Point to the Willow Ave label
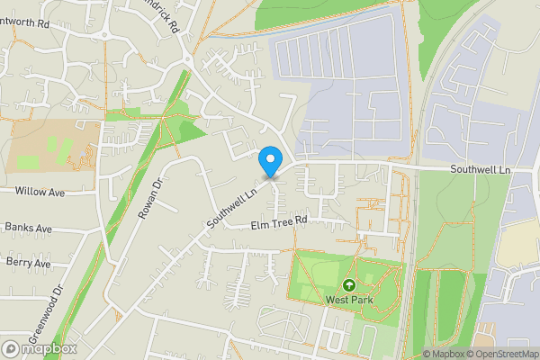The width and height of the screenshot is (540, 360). coord(40,192)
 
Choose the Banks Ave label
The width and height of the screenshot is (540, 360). coord(29,228)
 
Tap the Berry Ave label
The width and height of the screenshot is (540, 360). coord(28,263)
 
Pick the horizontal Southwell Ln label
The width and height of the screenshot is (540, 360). coord(481,169)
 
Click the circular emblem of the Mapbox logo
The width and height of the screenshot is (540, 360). coord(12,348)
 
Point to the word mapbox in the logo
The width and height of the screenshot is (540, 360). coord(49,348)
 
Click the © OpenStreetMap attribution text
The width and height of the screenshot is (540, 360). coord(505,354)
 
